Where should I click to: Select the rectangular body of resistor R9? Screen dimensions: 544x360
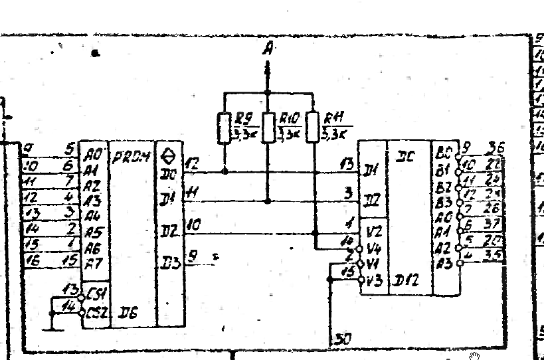pyautogui.click(x=224, y=128)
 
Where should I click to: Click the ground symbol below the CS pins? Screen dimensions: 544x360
pyautogui.click(x=50, y=327)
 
